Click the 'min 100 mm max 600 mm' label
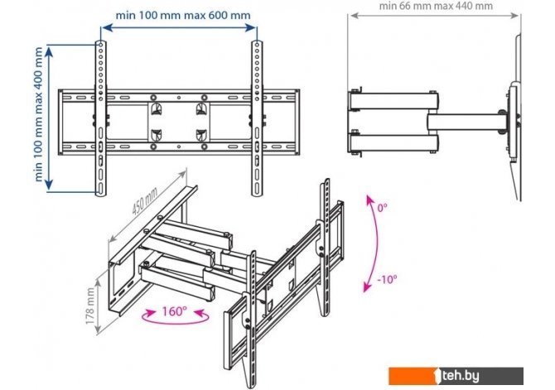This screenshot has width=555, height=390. [183, 15]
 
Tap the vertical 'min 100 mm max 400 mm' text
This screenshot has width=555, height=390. [39, 114]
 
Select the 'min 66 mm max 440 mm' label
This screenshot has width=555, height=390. [436, 6]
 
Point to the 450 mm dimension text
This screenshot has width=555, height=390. [144, 200]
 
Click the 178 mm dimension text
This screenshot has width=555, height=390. [89, 306]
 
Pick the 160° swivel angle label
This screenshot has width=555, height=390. [174, 311]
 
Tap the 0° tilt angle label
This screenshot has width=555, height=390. [382, 207]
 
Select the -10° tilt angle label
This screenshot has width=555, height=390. [387, 279]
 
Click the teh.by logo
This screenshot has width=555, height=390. [456, 376]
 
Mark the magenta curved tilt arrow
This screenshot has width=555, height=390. [377, 243]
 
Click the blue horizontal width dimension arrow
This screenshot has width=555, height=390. [178, 27]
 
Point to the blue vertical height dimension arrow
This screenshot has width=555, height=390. [49, 118]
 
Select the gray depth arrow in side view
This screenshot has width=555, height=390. [434, 16]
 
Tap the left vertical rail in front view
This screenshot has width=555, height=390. [100, 118]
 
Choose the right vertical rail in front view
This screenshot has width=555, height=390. [257, 118]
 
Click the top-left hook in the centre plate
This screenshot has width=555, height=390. [156, 108]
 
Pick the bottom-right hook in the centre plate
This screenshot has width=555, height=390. [201, 135]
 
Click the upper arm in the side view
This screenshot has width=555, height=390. [393, 101]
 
